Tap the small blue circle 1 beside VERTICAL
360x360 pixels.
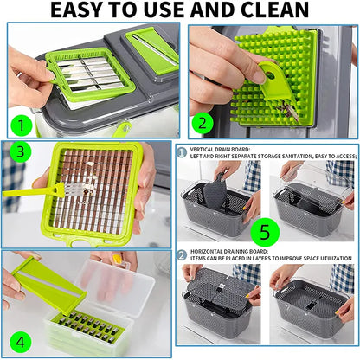coord(183,150)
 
